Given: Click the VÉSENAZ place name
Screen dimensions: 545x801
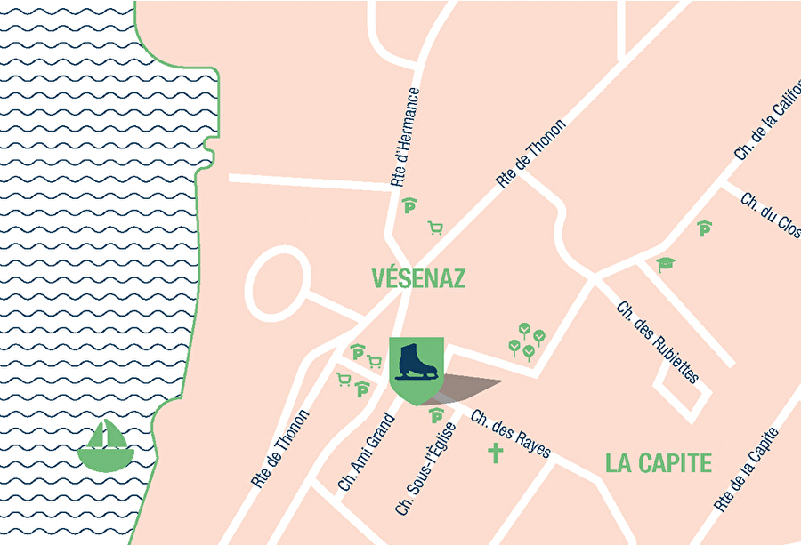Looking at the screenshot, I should click(x=418, y=278).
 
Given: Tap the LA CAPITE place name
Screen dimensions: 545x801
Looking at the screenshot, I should click(x=659, y=463).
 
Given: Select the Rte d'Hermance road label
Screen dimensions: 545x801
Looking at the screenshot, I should click(x=405, y=137).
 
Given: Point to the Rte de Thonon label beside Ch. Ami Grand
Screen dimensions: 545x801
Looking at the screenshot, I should click(x=280, y=448).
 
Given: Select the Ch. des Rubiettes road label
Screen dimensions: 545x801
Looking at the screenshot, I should click(x=658, y=341).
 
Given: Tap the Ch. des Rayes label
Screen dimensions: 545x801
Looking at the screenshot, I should click(x=511, y=434).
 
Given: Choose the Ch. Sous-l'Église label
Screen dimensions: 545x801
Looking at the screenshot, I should click(x=425, y=468).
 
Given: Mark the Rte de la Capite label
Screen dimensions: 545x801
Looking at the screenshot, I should click(x=747, y=469).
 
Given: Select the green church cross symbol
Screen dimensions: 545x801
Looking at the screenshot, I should click(x=495, y=453).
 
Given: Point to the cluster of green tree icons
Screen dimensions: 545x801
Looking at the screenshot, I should click(x=527, y=341).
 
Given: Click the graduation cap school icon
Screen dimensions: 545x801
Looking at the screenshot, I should click(x=665, y=264).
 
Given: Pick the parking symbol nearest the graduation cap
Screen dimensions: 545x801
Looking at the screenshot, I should click(x=705, y=228).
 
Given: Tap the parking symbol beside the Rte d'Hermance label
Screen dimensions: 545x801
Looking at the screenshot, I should click(x=409, y=206).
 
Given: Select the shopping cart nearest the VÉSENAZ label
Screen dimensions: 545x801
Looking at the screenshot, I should click(x=435, y=228).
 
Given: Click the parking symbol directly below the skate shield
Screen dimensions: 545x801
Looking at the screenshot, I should click(x=437, y=415).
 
